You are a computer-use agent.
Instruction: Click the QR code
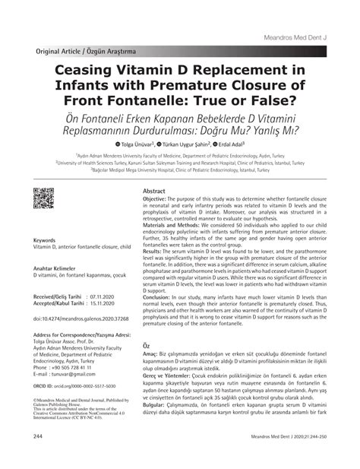(x=46, y=200)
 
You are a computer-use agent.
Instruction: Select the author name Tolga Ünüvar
(x=134, y=144)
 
